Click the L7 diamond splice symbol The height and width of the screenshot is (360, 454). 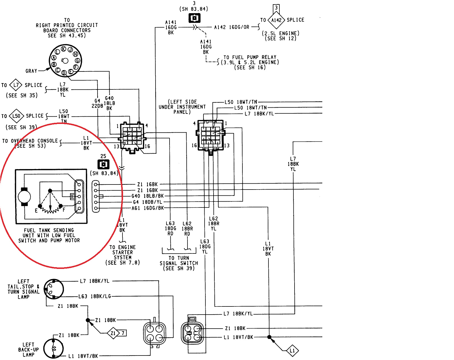click(x=16, y=85)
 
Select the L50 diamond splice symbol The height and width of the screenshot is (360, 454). click(x=16, y=116)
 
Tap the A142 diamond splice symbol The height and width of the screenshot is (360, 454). click(x=276, y=20)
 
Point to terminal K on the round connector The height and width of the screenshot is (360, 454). click(x=64, y=49)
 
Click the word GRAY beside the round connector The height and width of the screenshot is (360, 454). click(x=31, y=71)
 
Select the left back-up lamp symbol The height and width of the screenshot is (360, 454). click(x=54, y=349)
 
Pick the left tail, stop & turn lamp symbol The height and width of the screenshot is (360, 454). click(x=54, y=289)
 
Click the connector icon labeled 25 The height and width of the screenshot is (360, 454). click(x=103, y=164)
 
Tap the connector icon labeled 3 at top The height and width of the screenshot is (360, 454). click(x=194, y=18)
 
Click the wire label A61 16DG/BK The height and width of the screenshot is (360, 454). click(x=148, y=208)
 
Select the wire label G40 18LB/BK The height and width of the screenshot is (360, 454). click(x=148, y=196)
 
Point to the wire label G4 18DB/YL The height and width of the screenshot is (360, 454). click(x=148, y=202)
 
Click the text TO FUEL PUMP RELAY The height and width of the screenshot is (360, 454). click(x=250, y=57)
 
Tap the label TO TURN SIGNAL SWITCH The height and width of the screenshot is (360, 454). click(x=179, y=263)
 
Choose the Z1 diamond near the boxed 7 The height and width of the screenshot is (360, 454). click(x=113, y=333)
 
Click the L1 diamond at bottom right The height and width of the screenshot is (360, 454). click(x=292, y=350)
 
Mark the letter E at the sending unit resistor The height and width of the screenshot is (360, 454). click(x=36, y=211)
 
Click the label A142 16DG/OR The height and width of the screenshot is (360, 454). click(x=231, y=27)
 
